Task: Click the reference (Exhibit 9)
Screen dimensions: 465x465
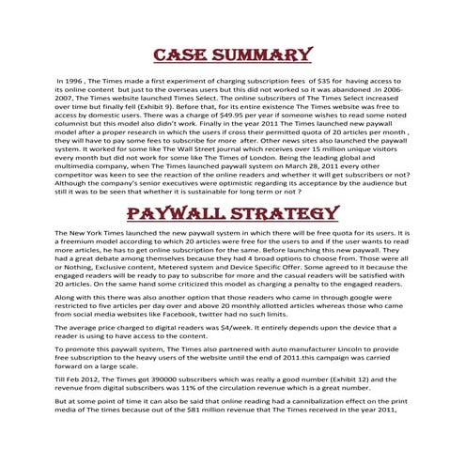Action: point(193,106)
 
